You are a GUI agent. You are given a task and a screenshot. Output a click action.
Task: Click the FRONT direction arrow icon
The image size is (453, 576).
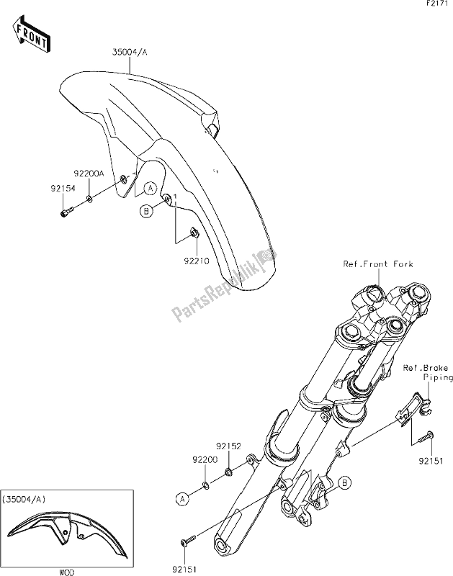click(x=31, y=33)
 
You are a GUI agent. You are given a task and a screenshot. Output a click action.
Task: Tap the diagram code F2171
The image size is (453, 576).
click(x=433, y=6)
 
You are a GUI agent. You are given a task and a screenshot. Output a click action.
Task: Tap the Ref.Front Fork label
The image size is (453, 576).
click(x=379, y=264)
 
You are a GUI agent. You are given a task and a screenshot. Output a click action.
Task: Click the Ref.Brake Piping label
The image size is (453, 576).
click(x=428, y=372)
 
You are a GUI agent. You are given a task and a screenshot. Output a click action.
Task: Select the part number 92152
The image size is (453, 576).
click(x=230, y=446)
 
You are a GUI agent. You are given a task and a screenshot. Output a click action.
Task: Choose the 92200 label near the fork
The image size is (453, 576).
click(x=203, y=457)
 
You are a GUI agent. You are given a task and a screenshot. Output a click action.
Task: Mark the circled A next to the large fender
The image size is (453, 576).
click(x=149, y=189)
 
